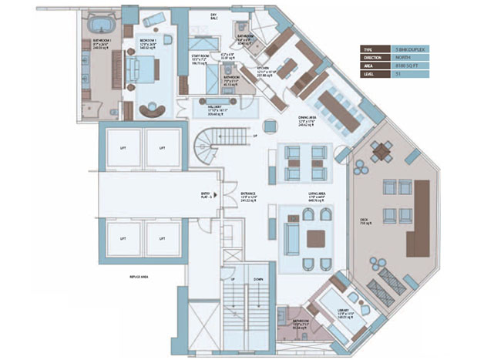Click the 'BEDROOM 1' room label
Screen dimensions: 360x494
148,39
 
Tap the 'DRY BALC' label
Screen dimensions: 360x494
213,16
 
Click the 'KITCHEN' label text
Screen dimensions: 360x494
264,69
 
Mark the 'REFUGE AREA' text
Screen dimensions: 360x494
139,276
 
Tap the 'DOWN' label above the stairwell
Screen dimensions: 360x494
259,278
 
